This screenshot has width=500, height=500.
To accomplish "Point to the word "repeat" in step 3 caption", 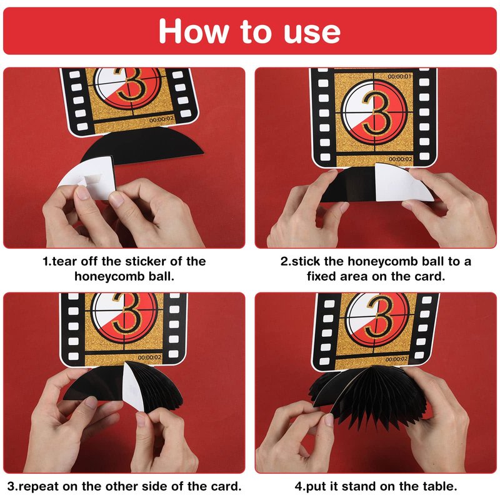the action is [x=40, y=486].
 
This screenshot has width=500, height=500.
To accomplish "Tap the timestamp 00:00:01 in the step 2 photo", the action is [x=399, y=76].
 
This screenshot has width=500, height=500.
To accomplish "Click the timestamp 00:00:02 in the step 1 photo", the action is [x=162, y=119].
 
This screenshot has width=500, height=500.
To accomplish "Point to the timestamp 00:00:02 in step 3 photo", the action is [x=149, y=357].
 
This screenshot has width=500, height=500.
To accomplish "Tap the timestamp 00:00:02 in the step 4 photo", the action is [x=396, y=359].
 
